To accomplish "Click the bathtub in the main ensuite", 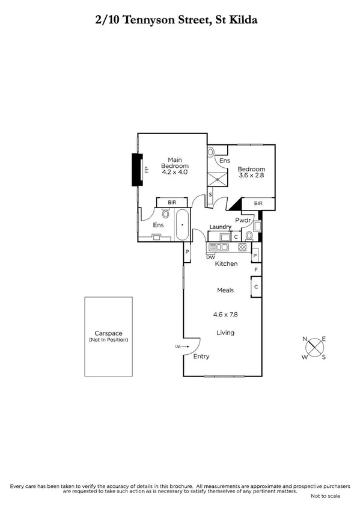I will click(182, 226).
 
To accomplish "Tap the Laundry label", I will click(221, 226).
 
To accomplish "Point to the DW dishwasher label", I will click(210, 257).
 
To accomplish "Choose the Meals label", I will click(225, 290).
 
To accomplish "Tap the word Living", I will click(225, 333).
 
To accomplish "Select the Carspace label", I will click(108, 333).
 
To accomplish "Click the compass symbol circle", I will click(315, 348).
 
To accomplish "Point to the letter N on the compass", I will click(305, 339).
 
